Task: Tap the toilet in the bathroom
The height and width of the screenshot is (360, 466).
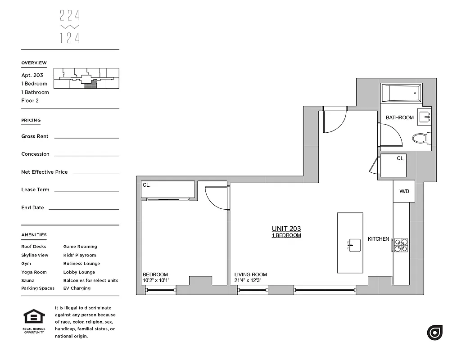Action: click(x=421, y=138)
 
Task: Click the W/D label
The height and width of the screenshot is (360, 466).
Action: click(x=404, y=192)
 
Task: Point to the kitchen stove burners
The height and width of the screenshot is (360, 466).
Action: click(x=401, y=244)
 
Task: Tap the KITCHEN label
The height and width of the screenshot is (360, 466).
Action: click(x=378, y=239)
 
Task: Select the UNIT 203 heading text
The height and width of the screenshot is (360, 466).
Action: click(x=286, y=229)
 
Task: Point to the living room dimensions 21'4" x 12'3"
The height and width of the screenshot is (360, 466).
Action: click(x=248, y=281)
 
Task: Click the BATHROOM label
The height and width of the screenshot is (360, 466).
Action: click(x=399, y=118)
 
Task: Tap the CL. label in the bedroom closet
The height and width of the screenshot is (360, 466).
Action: click(x=146, y=185)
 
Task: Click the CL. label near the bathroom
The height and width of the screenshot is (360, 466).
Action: click(x=400, y=158)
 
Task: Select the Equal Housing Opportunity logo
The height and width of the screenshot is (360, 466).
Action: click(x=34, y=320)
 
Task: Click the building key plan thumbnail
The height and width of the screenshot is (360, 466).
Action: click(x=86, y=78)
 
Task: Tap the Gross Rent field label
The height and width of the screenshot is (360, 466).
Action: click(x=35, y=136)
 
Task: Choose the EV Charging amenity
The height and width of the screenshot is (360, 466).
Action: click(x=77, y=288)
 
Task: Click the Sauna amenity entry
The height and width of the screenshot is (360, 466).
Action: click(x=28, y=280)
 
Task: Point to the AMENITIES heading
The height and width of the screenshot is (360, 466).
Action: click(x=34, y=235)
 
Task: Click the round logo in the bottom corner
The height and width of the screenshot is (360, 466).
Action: click(x=434, y=333)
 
